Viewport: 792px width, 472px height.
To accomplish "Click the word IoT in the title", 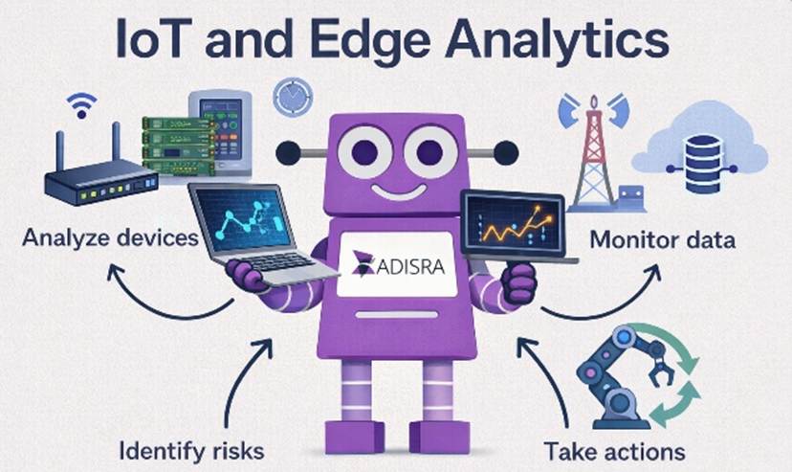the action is coord(157,38).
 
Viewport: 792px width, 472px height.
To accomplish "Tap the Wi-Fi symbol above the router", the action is coord(81,105).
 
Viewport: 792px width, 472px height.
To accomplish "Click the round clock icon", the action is coord(293,96).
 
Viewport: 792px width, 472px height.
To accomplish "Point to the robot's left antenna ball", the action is coord(289,152).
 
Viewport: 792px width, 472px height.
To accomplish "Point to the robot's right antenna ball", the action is coord(506,152).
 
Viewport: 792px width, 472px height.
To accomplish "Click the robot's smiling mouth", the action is coord(400,191).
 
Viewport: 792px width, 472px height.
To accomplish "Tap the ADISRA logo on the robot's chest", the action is coord(398,264).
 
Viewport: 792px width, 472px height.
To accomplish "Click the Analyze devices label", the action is coord(111,237).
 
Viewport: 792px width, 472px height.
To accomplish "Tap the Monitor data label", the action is coord(662,239).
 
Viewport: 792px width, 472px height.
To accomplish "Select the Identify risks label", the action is coord(191,450).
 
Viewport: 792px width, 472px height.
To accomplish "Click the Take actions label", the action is coord(614,451).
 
